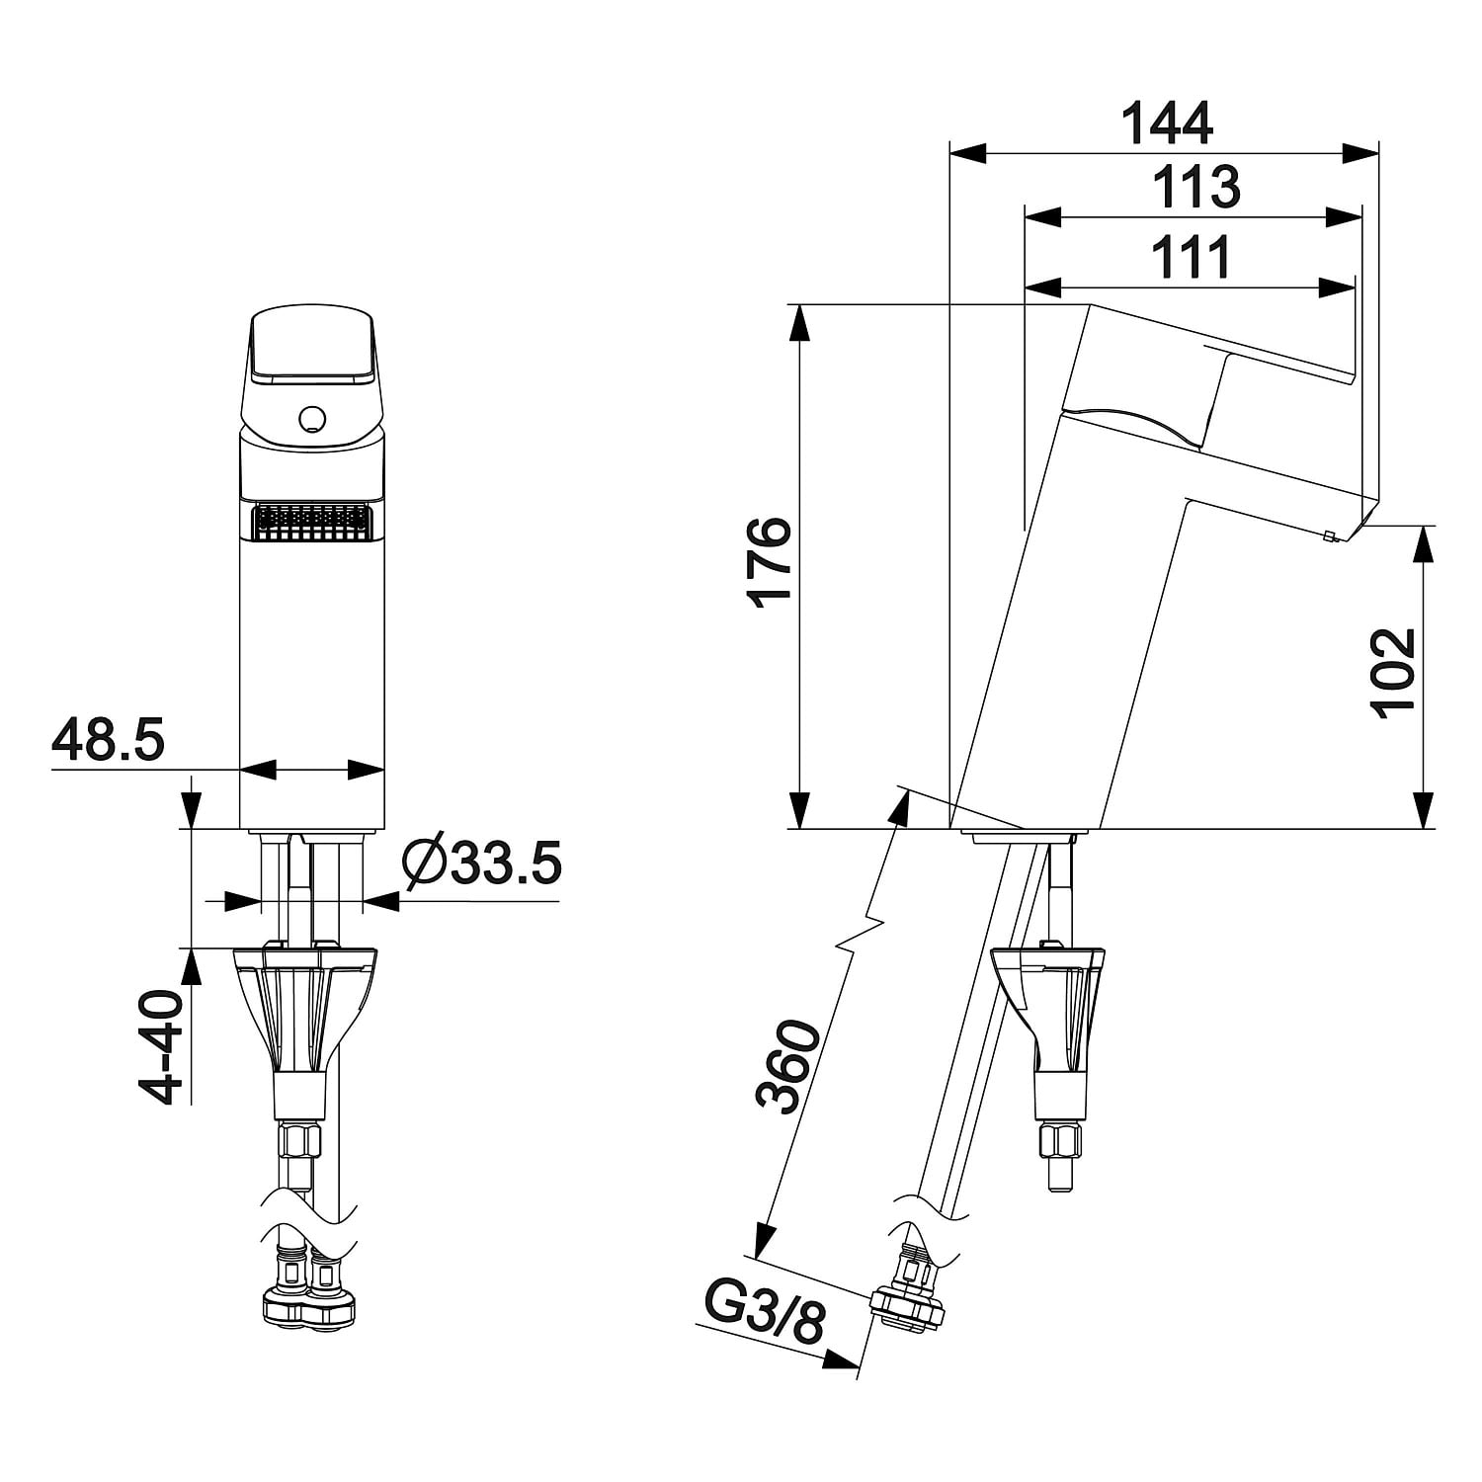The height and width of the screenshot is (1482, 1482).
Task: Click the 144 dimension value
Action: pos(1167,123)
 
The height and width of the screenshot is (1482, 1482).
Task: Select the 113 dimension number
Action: pos(1195,188)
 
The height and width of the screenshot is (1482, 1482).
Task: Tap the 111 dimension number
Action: pos(1193,257)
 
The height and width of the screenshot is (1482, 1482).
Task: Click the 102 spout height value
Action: pos(1394,672)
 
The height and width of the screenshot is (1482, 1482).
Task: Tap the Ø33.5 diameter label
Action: pos(482,864)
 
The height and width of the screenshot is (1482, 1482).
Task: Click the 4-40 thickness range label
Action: pos(161,1046)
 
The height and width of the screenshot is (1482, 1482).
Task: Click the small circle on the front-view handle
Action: pos(311,419)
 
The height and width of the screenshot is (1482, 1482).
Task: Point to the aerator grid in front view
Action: pos(312,521)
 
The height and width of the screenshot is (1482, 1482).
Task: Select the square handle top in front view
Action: pos(312,346)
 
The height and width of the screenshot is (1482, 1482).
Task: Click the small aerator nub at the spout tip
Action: pos(1329,536)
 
